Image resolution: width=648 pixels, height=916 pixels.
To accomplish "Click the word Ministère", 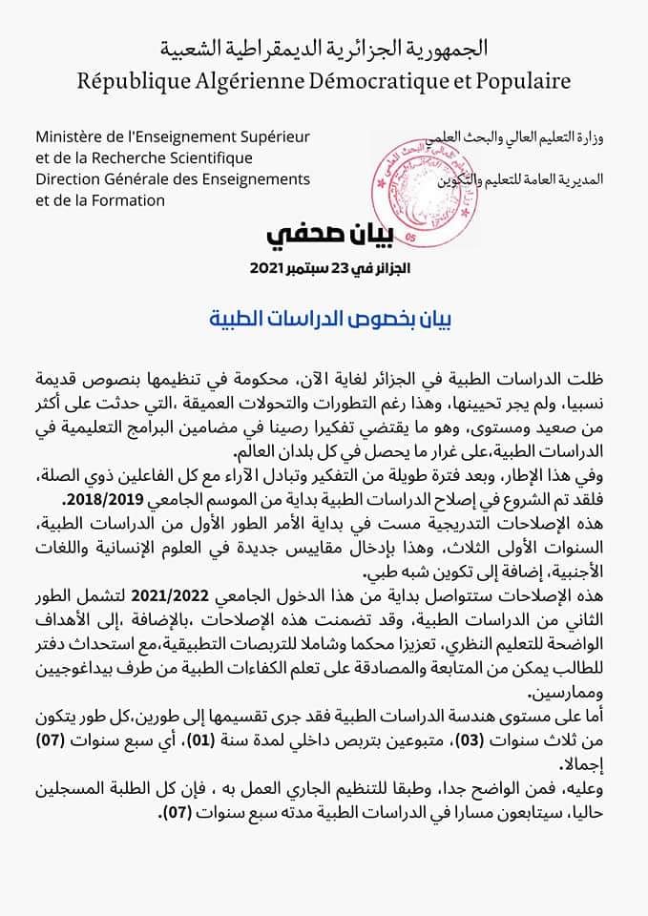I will click(x=70, y=138).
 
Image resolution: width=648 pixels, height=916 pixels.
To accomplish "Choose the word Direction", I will click(x=67, y=178).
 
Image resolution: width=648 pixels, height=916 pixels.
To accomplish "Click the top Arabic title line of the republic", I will click(x=324, y=47).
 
